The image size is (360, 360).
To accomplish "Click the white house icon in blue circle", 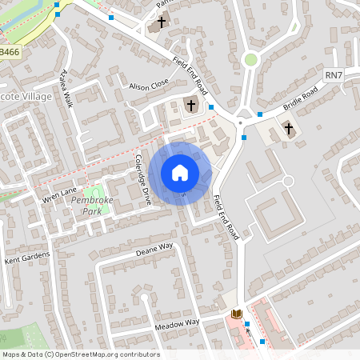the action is tap(180, 173).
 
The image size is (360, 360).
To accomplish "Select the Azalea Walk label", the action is tap(66, 88).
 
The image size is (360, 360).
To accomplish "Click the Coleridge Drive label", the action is tap(143, 180).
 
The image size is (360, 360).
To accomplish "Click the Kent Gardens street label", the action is tap(27, 258).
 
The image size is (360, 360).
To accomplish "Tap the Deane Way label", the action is tap(155, 251).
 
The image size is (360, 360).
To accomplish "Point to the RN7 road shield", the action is tap(334, 74).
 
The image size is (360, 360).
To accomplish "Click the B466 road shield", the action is tap(10, 51).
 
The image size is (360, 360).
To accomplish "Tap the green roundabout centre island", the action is tap(251, 59).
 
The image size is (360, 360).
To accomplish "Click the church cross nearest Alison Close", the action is tap(191, 105).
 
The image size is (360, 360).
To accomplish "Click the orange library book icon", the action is tap(236, 314).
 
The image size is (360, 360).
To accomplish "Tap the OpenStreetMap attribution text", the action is tap(80, 354).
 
